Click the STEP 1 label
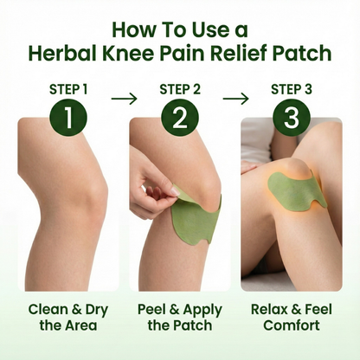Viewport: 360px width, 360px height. pyautogui.click(x=68, y=88)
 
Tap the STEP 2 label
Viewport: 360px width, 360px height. pyautogui.click(x=179, y=88)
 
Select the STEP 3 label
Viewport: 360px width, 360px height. pyautogui.click(x=291, y=88)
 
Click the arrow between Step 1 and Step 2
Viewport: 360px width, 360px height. pyautogui.click(x=124, y=98)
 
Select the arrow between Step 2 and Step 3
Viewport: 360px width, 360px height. pyautogui.click(x=235, y=98)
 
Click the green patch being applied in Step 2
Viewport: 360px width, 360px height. pyautogui.click(x=192, y=227)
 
